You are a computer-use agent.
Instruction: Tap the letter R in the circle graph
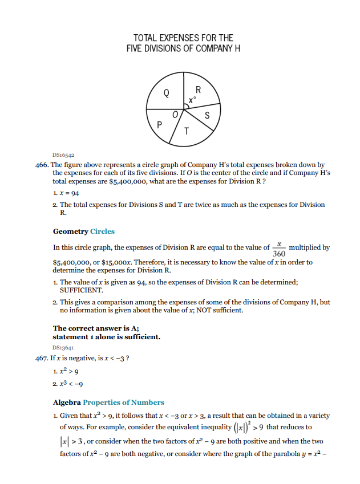click(x=198, y=90)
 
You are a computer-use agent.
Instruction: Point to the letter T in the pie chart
click(x=187, y=132)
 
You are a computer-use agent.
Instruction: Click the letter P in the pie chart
click(x=159, y=124)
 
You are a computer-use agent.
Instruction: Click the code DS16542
click(x=63, y=154)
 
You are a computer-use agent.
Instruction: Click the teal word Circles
click(x=103, y=231)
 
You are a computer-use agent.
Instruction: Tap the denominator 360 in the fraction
click(x=280, y=253)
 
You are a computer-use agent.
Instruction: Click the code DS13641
click(x=63, y=347)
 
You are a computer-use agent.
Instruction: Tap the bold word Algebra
click(x=67, y=402)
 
